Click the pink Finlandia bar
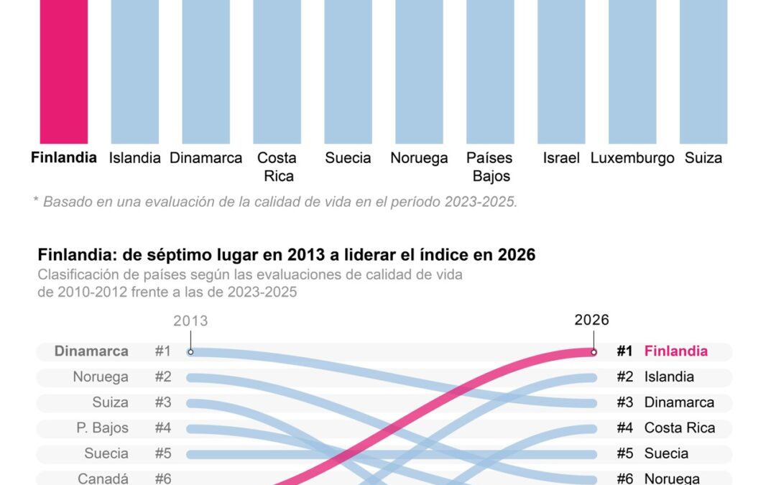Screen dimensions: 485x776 click(x=63, y=72)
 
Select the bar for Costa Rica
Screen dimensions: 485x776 click(x=277, y=72)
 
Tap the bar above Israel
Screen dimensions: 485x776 click(x=561, y=72)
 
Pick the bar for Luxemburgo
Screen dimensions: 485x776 click(x=632, y=72)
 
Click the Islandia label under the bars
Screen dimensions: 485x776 click(x=134, y=158)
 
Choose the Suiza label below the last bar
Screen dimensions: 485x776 click(x=703, y=158)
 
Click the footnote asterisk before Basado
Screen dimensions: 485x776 click(x=36, y=200)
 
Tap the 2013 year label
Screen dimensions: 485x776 click(x=190, y=320)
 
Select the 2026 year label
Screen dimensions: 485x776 click(x=591, y=320)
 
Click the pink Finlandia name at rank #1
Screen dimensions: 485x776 click(x=675, y=351)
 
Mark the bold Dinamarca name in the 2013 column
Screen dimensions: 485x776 click(x=91, y=351)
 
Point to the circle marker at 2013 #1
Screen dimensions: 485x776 click(x=190, y=352)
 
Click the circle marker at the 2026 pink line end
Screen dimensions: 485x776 click(x=593, y=352)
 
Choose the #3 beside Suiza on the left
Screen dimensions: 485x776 click(x=163, y=402)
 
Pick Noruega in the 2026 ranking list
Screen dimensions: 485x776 click(x=672, y=479)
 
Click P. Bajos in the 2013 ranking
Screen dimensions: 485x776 click(x=102, y=428)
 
